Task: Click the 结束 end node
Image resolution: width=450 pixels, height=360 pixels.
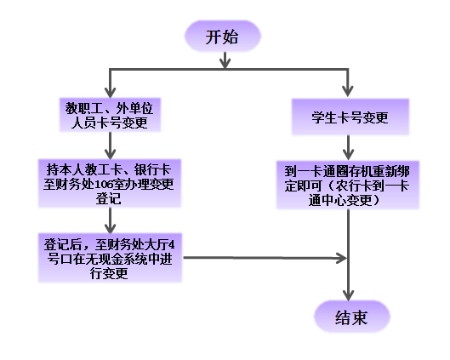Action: tap(350, 317)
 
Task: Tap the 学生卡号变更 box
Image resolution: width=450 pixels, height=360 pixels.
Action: tap(350, 117)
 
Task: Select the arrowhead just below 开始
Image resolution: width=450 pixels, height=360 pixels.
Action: tap(224, 61)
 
